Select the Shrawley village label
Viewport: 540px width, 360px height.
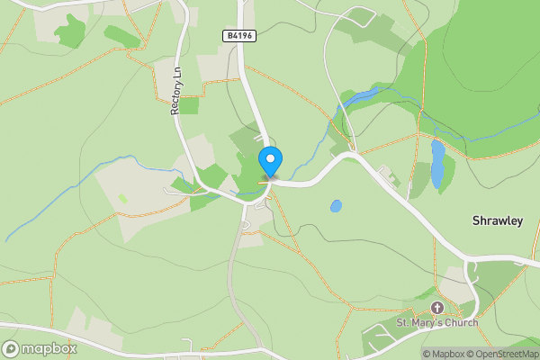pyautogui.click(x=498, y=220)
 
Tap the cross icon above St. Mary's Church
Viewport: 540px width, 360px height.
pyautogui.click(x=437, y=308)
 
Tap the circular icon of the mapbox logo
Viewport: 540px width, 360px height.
pyautogui.click(x=11, y=349)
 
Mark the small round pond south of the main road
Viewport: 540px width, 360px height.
pyautogui.click(x=336, y=206)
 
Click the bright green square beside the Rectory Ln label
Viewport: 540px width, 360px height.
pyautogui.click(x=189, y=106)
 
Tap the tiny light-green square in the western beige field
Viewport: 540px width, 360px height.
pyautogui.click(x=122, y=198)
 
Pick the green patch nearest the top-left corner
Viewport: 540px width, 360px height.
pyautogui.click(x=70, y=31)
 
